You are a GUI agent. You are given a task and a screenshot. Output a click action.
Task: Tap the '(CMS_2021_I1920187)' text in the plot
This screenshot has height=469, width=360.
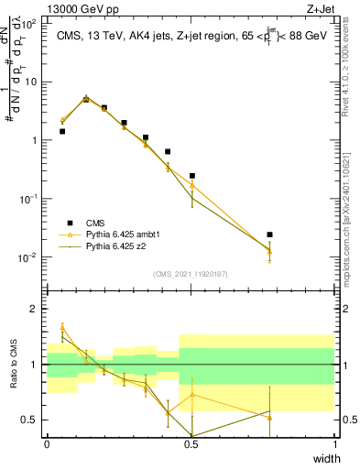(191, 274)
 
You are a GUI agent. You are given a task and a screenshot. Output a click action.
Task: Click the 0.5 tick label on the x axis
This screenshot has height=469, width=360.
(191, 443)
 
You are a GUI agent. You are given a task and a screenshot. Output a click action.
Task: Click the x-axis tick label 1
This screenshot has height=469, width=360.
(335, 443)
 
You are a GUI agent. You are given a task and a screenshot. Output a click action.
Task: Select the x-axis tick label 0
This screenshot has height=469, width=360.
(47, 443)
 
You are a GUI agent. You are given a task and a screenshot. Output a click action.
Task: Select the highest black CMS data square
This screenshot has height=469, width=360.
(86, 99)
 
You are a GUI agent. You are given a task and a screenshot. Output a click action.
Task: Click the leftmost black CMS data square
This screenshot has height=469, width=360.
(62, 131)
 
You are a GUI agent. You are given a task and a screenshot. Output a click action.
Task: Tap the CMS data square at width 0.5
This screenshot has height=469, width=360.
(191, 176)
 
